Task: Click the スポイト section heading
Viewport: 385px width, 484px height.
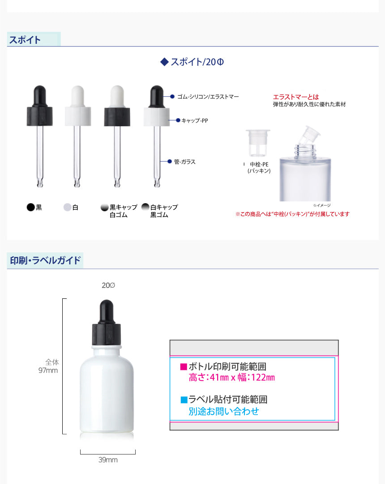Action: point(25,40)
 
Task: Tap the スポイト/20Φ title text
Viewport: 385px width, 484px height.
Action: point(192,62)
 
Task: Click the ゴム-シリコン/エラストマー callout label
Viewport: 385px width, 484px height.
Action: point(208,97)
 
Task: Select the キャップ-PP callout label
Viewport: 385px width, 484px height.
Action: point(195,120)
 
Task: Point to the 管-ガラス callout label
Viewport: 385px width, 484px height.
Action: point(185,162)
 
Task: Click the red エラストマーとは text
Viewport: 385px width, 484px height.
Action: point(296,97)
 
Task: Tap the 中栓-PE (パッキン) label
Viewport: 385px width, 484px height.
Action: point(259,168)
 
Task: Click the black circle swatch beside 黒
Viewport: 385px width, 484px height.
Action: point(30,207)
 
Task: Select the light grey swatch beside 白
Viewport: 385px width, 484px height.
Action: point(67,207)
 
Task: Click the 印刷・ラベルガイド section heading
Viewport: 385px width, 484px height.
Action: point(45,260)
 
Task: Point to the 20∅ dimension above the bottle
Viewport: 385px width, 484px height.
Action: point(108,285)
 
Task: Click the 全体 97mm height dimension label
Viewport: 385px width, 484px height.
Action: point(48,366)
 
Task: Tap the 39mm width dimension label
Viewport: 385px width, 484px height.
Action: point(108,459)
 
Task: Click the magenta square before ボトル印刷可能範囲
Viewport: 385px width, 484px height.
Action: point(184,366)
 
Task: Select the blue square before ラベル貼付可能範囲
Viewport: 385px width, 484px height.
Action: point(184,400)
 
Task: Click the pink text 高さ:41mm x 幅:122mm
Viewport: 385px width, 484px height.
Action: point(232,378)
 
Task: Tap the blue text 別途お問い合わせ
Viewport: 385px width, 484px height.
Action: point(224,411)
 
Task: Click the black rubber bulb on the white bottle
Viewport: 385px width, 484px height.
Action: point(107,312)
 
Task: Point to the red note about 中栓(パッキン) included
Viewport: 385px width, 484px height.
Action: point(292,214)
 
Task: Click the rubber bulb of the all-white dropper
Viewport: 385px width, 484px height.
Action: point(78,96)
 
